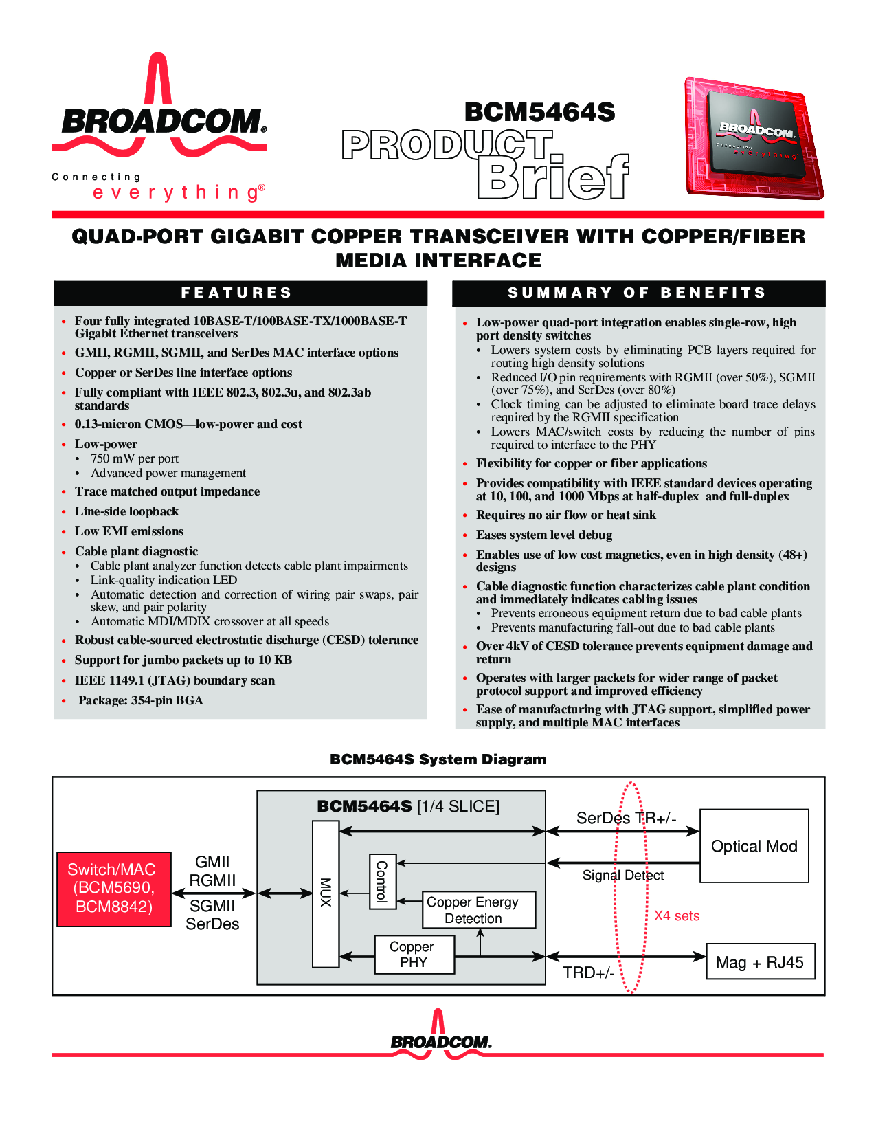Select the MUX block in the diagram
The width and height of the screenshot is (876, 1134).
[x=326, y=894]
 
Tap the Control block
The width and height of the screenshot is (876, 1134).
[x=383, y=881]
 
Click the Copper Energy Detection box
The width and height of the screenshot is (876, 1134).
[x=478, y=909]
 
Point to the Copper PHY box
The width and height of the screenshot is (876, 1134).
[x=414, y=955]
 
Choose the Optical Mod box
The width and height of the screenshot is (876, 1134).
[x=754, y=846]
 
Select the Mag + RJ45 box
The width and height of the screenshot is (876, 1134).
[x=760, y=961]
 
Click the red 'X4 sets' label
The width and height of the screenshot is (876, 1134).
[x=677, y=916]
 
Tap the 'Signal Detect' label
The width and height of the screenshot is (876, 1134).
[x=623, y=875]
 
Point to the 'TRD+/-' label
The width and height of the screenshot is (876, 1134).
[x=588, y=972]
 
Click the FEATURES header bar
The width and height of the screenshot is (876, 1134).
[x=240, y=293]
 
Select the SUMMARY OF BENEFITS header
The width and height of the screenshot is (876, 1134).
[x=638, y=293]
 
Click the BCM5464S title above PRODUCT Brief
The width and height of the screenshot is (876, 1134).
[x=539, y=112]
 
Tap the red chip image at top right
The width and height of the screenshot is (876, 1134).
[x=754, y=138]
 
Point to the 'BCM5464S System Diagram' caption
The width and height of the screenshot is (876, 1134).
[x=438, y=759]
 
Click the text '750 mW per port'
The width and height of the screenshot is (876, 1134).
[x=135, y=458]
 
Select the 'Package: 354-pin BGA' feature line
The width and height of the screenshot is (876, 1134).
[x=141, y=700]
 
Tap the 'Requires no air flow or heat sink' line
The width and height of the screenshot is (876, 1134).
[x=566, y=515]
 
